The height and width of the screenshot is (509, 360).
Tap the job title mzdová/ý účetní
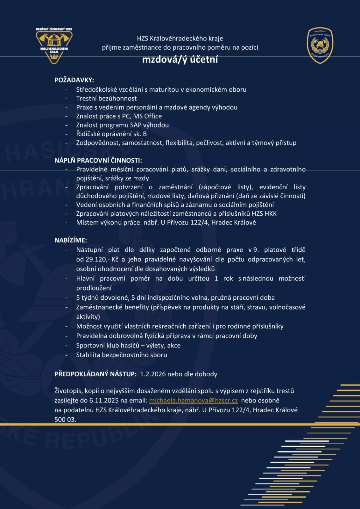[x=180, y=60]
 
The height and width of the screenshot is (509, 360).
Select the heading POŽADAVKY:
[x=74, y=80]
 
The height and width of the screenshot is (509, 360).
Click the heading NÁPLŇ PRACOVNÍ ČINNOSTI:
[x=98, y=160]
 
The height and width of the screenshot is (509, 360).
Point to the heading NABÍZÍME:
[x=71, y=240]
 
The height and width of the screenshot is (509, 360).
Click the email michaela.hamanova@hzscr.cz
[x=193, y=401]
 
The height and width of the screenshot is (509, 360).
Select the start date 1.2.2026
[x=153, y=374]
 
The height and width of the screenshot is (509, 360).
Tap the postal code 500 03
[x=65, y=420]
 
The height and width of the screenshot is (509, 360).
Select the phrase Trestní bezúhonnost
[x=106, y=98]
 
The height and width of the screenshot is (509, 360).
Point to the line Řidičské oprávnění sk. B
[x=111, y=134]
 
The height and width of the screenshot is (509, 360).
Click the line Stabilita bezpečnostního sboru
[x=122, y=355]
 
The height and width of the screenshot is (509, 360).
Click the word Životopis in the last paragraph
[x=68, y=391]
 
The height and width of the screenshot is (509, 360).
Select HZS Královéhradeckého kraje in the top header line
[x=180, y=38]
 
